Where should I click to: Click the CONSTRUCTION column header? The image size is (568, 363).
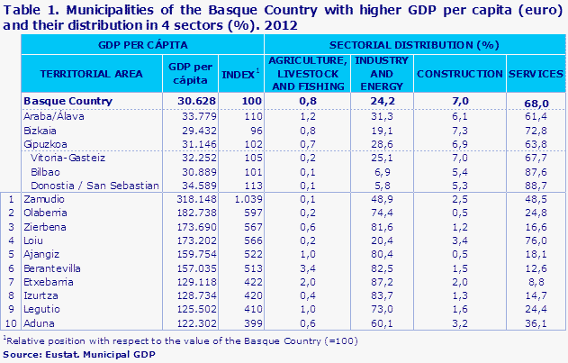tap(461, 73)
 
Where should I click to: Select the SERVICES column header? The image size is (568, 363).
tap(536, 73)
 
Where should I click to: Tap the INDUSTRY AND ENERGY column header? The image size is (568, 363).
tap(382, 73)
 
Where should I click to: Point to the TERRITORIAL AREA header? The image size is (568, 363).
tap(87, 73)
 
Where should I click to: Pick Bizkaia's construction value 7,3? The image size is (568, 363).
tap(460, 129)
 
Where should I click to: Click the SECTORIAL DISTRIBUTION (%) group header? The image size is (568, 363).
tap(413, 43)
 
